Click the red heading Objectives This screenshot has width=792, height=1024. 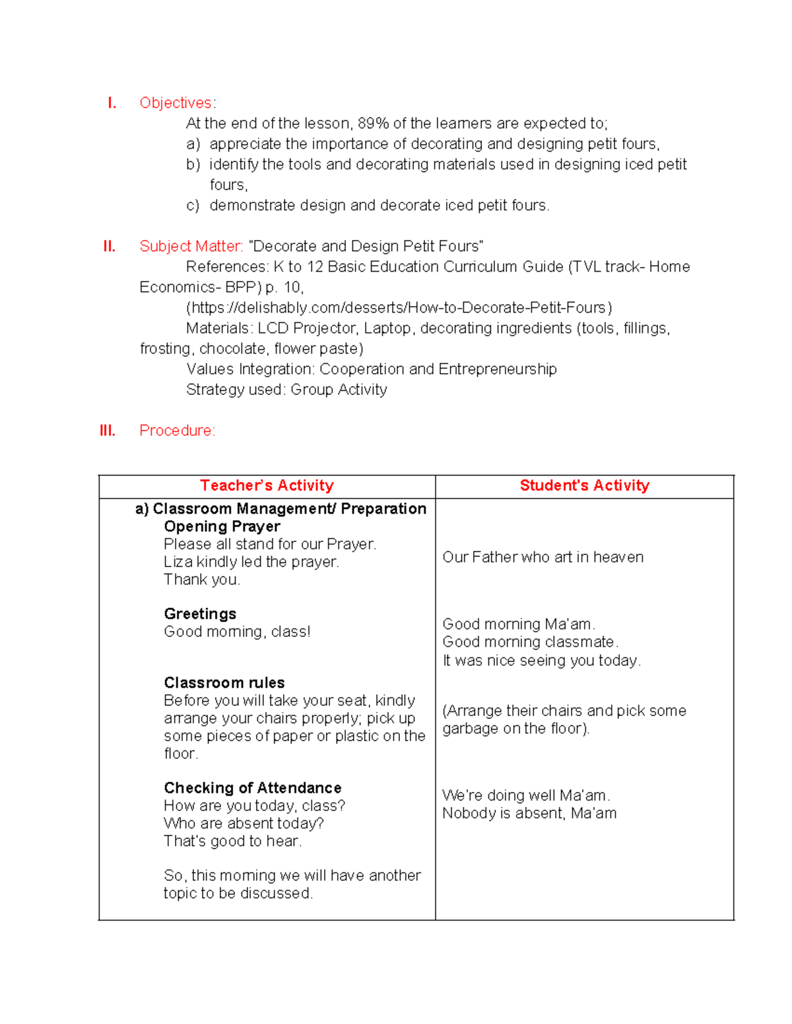[x=176, y=103]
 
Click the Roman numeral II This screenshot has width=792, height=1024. [x=110, y=247]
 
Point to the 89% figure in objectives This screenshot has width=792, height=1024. [x=373, y=123]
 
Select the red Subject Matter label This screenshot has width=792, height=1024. [x=191, y=247]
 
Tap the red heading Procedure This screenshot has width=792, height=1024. [x=176, y=431]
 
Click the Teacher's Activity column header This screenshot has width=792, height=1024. [x=267, y=486]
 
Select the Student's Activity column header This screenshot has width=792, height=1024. [x=584, y=486]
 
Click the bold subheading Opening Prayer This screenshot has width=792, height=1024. [x=222, y=526]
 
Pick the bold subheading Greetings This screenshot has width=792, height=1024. [x=200, y=614]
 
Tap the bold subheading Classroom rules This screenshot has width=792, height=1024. [x=224, y=682]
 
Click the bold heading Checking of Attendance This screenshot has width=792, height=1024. [x=253, y=788]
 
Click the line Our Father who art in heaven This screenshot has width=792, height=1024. [x=543, y=557]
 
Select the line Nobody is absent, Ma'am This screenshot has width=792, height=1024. [x=529, y=814]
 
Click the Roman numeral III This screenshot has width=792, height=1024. [x=107, y=431]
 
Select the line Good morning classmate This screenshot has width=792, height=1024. [x=530, y=642]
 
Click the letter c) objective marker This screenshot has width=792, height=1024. [x=193, y=206]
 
